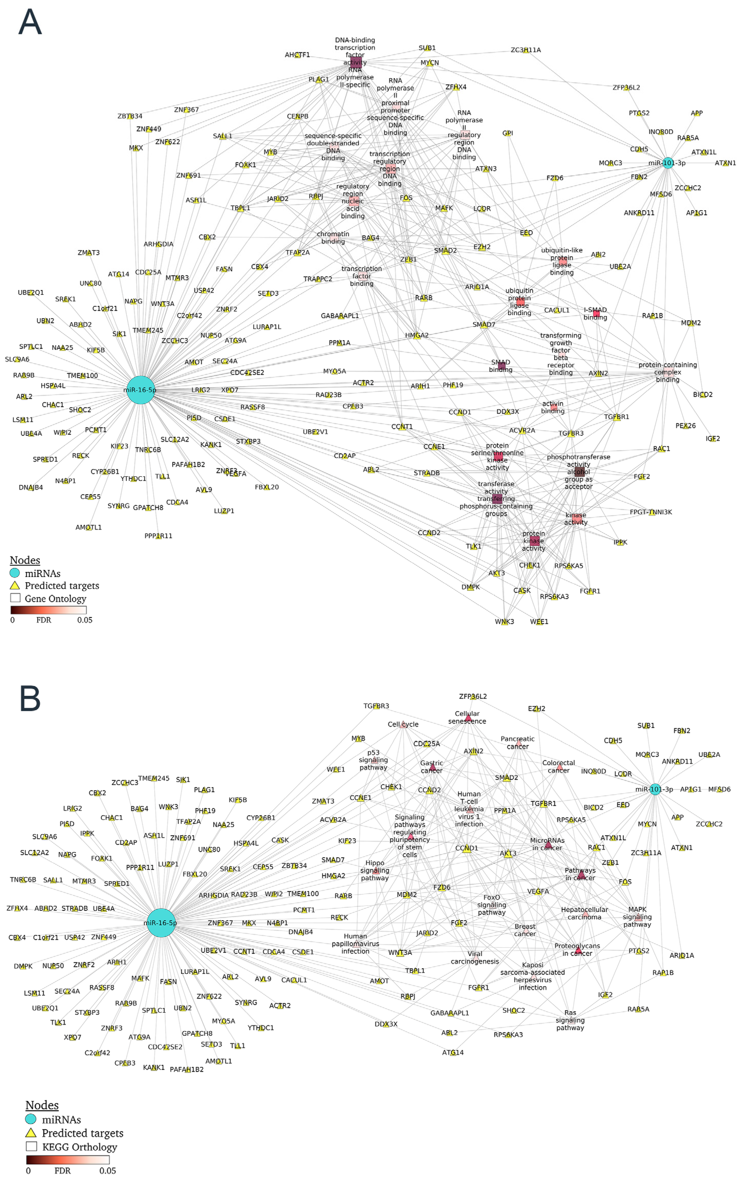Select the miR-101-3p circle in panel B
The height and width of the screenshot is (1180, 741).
pos(655,790)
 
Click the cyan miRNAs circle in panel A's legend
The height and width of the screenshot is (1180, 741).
pos(15,573)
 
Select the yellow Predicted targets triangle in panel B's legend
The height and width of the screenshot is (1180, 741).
pos(31,1132)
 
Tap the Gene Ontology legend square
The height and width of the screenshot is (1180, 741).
pos(15,598)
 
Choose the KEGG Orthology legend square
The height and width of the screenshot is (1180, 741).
pos(31,1146)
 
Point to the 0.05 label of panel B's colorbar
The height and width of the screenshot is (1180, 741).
pos(108,1170)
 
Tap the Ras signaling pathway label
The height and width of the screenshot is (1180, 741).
pos(570,1020)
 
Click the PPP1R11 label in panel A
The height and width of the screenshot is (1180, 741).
pos(158,536)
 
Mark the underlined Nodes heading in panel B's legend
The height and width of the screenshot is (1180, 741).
pos(42,1105)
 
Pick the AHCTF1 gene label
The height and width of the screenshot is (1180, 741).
pos(297,55)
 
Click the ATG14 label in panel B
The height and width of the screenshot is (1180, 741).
pos(453,1052)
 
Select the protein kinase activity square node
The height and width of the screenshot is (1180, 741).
pos(534,541)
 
